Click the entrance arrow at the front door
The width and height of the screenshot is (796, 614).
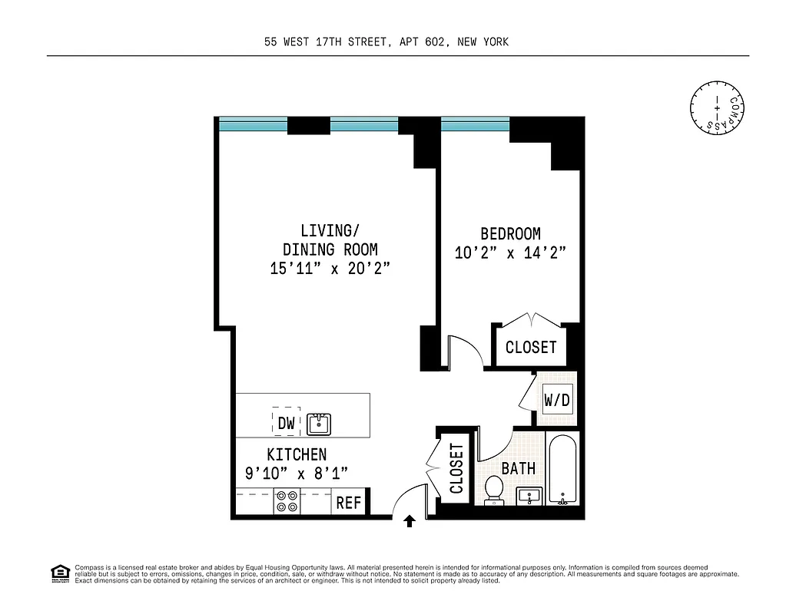[410, 522]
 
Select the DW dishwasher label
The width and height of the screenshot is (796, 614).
[286, 422]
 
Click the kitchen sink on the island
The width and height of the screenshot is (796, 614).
[318, 423]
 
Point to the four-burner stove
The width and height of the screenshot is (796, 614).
[287, 502]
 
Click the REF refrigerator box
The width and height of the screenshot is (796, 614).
[349, 503]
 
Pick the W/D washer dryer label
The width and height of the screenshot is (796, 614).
[557, 400]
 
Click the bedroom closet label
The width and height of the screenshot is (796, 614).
[530, 348]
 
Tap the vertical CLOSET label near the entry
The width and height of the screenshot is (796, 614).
[456, 469]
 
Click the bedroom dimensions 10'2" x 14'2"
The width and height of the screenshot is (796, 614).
[510, 253]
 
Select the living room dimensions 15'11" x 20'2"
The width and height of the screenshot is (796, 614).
[330, 269]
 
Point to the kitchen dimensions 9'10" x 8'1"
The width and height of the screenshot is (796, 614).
[296, 474]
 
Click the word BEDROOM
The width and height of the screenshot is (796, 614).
[510, 234]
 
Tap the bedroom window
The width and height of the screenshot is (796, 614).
[475, 122]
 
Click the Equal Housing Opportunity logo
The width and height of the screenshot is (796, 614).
[59, 573]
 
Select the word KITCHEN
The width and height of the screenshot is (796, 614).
[297, 454]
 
